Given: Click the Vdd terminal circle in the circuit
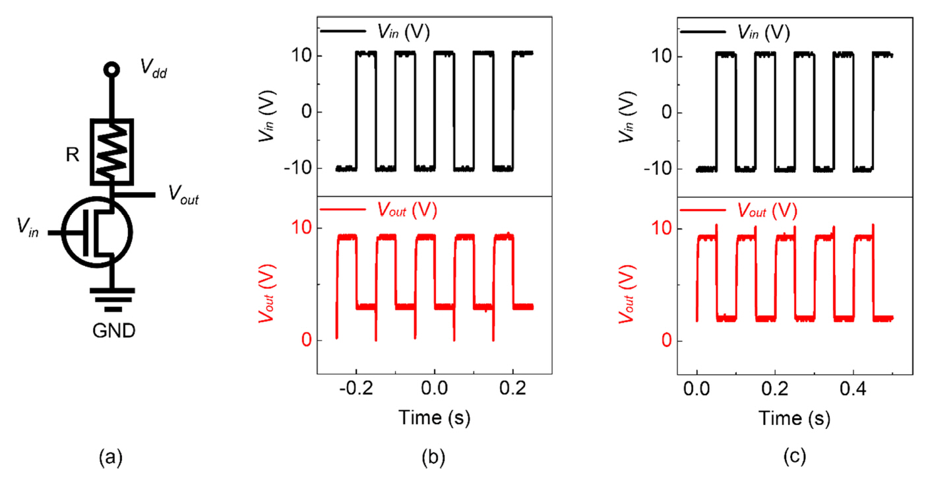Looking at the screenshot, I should (x=113, y=69).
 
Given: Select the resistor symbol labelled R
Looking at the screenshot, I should (x=113, y=152).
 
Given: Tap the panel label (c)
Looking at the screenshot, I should (x=793, y=456).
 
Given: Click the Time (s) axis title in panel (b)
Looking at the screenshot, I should (x=433, y=418).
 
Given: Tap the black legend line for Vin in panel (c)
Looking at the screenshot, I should (x=702, y=32).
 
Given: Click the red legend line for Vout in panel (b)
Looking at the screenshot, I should (x=342, y=210).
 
